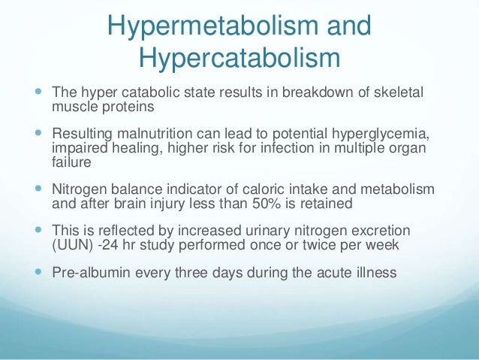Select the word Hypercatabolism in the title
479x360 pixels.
(x=239, y=58)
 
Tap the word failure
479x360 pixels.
(x=69, y=162)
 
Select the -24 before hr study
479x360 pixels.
(x=109, y=244)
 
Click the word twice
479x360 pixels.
(x=305, y=244)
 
